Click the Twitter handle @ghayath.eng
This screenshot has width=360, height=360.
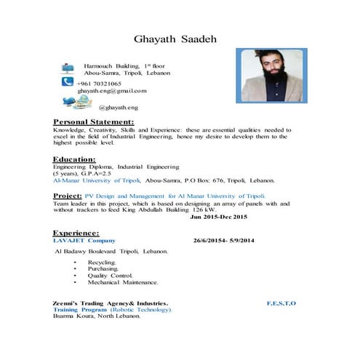(118, 107)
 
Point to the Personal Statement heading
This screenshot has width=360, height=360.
(94, 121)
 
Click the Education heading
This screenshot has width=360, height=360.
(74, 159)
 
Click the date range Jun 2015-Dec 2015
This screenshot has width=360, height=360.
(219, 217)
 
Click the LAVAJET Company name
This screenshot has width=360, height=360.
(84, 240)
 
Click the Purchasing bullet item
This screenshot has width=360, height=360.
(103, 268)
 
